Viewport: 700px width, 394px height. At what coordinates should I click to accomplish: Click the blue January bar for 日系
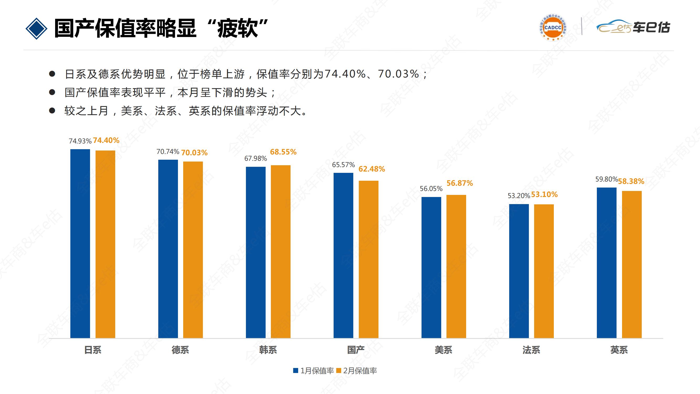coord(80,243)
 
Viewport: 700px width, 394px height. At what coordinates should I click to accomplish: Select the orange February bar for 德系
coord(193,250)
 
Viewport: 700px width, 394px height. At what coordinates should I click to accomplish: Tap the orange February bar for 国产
coord(369,259)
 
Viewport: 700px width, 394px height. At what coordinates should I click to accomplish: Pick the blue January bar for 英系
coord(607,263)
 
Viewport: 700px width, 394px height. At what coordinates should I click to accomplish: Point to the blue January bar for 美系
coord(431,267)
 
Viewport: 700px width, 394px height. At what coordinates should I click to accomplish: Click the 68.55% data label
coord(283,152)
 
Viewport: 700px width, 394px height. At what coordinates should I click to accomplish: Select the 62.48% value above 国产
coord(371,169)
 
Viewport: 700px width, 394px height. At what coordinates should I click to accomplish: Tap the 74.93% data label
coord(80,141)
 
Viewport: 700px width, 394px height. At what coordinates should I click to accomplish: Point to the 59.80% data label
coord(606,179)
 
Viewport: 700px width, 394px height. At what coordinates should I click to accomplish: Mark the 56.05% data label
coord(431,188)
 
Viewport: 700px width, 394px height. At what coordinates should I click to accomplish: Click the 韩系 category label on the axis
coord(268,350)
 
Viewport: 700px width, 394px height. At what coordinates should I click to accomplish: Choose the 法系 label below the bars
coord(531,350)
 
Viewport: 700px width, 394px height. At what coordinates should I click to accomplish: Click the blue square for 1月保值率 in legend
coord(296,370)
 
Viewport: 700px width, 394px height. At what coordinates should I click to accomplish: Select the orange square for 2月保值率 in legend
coord(339,370)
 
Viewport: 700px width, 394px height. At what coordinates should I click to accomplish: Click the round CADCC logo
coord(553,28)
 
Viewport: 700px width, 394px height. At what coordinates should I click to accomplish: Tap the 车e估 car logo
coord(633,27)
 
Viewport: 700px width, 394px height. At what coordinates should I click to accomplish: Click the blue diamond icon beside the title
coord(36,29)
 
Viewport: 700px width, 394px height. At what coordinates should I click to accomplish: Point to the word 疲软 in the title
coord(237,28)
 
